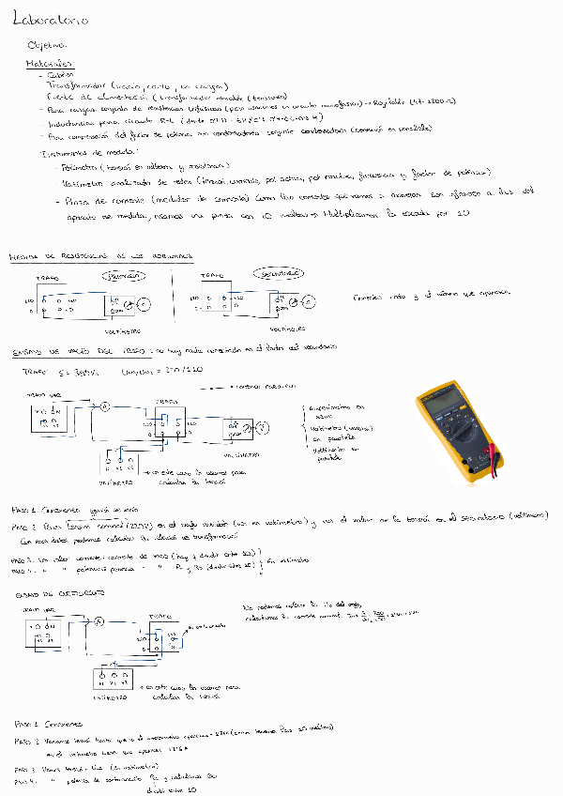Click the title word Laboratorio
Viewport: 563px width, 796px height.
[x=51, y=19]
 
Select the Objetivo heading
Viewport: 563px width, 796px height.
[x=47, y=45]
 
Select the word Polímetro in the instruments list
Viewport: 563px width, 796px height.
[x=79, y=165]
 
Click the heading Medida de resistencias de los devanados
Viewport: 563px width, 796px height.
[x=100, y=255]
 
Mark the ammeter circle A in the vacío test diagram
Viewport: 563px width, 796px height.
[x=105, y=406]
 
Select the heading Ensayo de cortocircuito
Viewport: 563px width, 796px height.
[x=52, y=596]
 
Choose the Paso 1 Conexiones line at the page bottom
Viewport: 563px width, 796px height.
[x=49, y=725]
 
